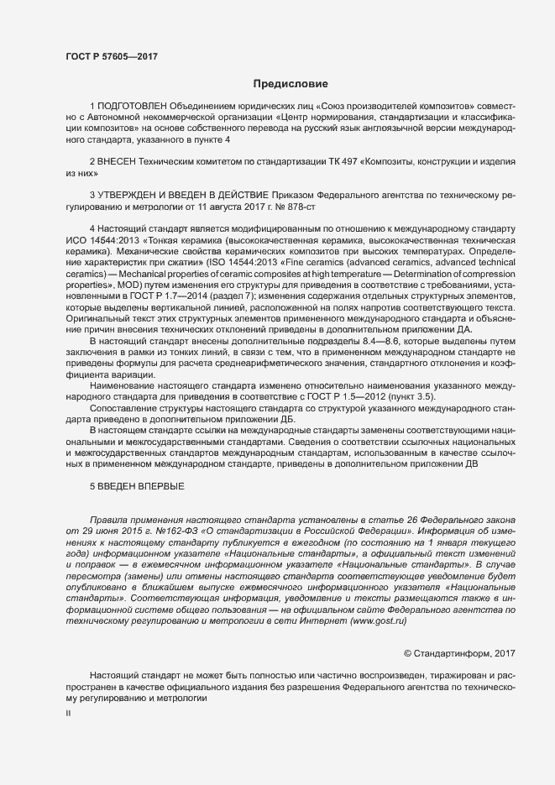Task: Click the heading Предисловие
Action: coord(291,83)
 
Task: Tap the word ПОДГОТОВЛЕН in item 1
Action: coord(132,107)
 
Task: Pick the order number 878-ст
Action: coord(297,205)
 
